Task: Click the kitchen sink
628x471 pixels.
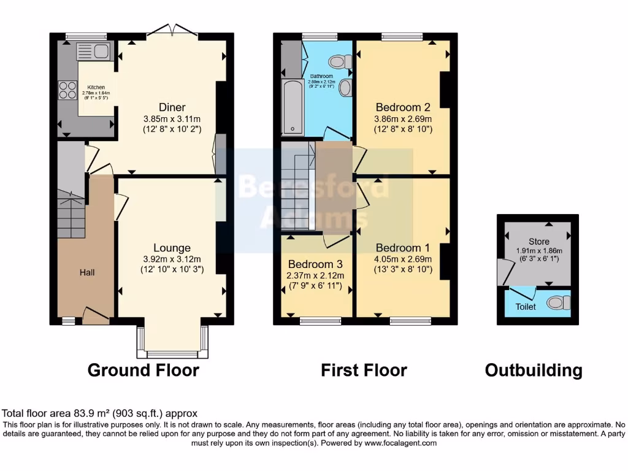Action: pos(92,52)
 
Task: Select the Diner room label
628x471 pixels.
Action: pos(172,107)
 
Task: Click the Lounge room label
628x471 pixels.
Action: pos(172,248)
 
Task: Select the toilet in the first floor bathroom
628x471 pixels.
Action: pos(339,61)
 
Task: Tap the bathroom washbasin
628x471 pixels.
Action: pos(345,87)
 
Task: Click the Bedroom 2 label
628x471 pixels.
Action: pos(403,107)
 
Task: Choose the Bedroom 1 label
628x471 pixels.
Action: pos(403,248)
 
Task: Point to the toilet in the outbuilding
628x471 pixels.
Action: pos(557,302)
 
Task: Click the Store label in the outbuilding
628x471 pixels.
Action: pos(539,242)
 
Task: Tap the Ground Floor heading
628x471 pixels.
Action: pos(143,370)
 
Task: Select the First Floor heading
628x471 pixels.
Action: pos(364,370)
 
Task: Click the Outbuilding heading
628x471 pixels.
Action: pos(534,370)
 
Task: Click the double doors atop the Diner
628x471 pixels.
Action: pos(172,29)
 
